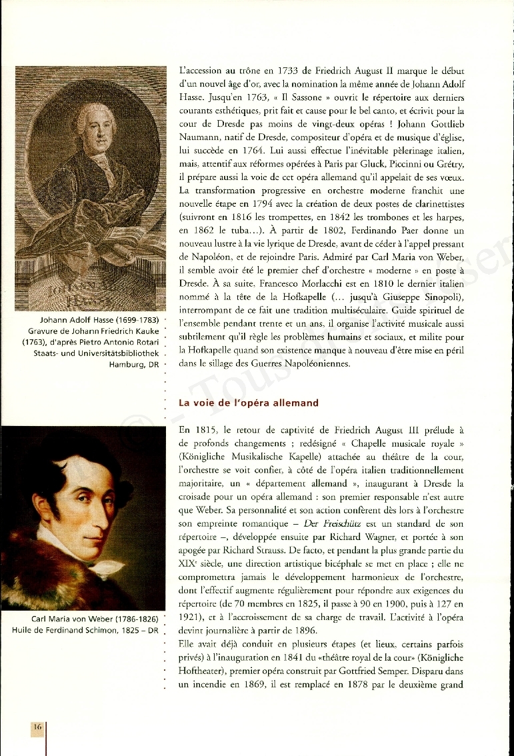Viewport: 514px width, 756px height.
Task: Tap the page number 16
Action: pos(37,727)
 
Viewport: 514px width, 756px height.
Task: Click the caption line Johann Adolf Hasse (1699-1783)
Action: pos(99,319)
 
